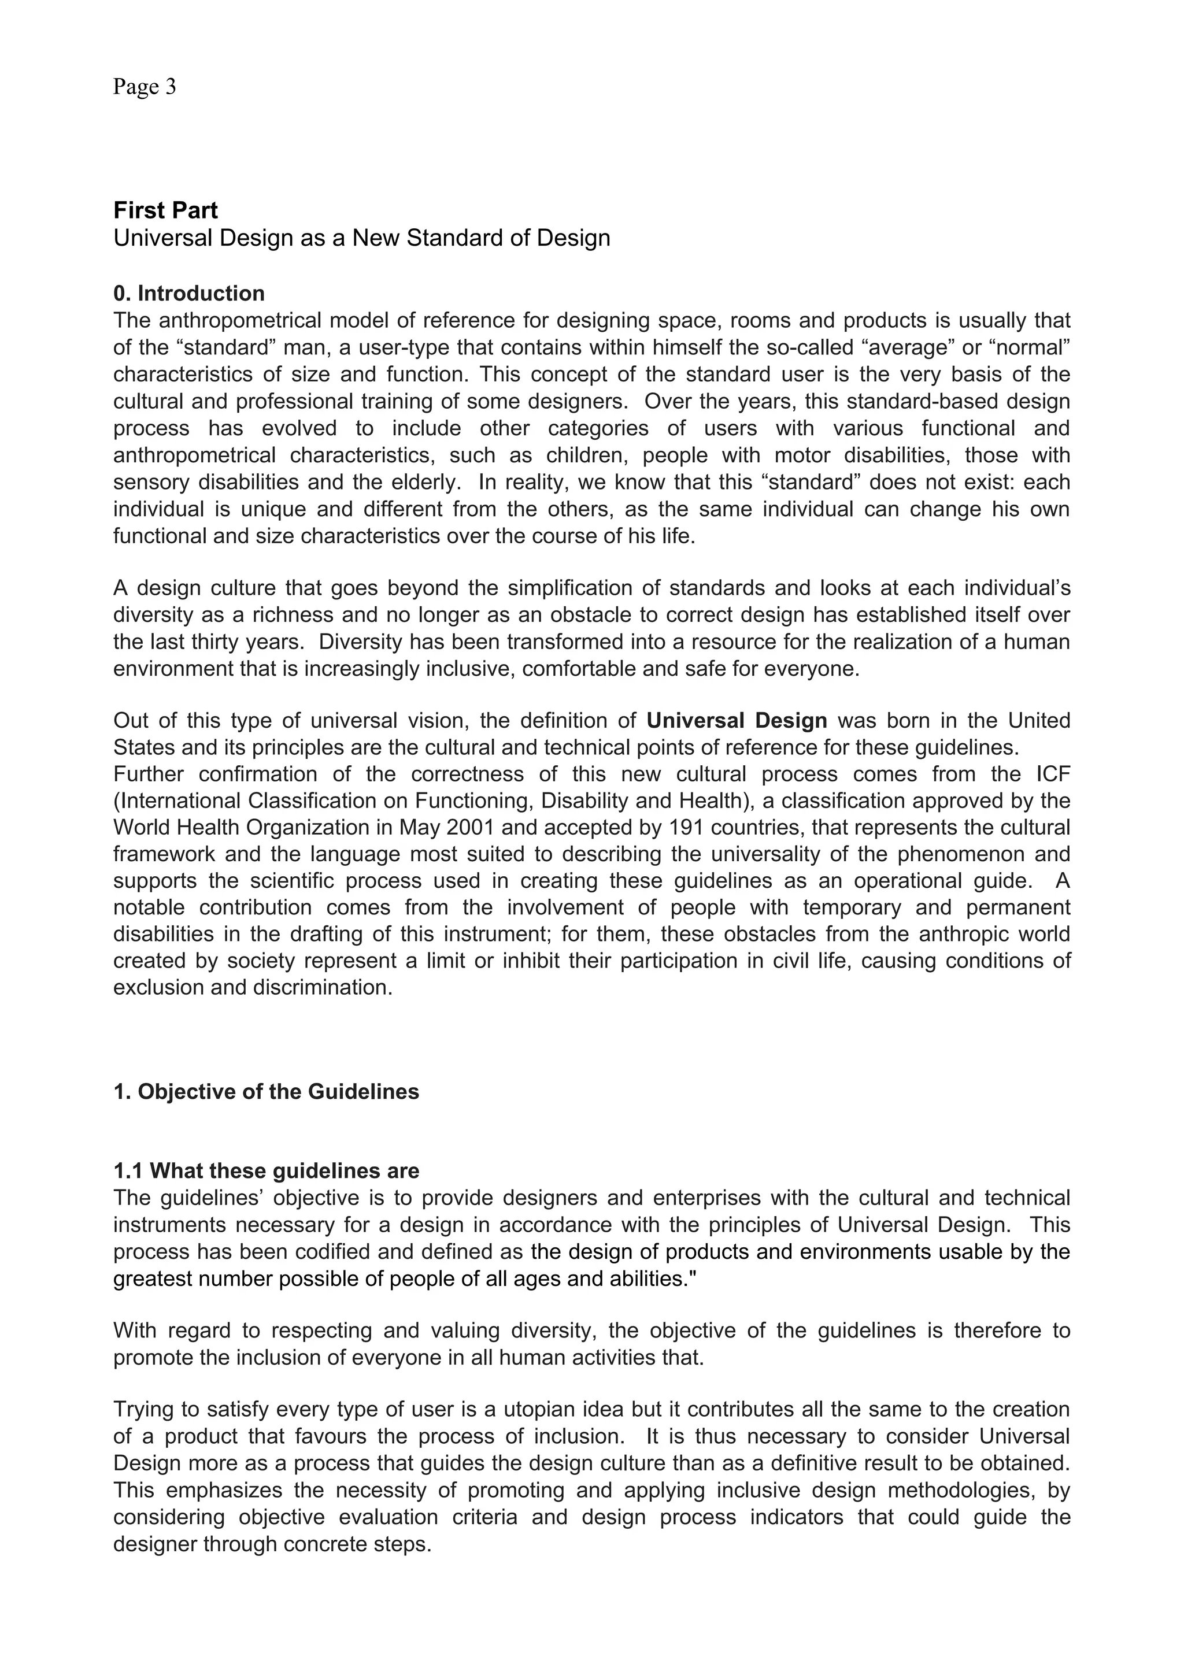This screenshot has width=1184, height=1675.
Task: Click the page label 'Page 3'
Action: click(x=145, y=87)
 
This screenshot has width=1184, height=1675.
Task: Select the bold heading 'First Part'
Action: click(x=165, y=210)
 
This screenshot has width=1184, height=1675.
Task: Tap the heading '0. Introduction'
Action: click(x=189, y=293)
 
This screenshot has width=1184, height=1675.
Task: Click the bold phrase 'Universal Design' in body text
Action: click(x=737, y=721)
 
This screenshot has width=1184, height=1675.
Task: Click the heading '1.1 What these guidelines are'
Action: click(x=267, y=1171)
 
